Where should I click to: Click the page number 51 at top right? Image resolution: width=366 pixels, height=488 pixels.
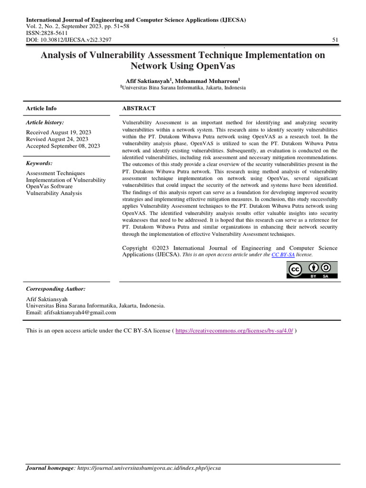point(335,40)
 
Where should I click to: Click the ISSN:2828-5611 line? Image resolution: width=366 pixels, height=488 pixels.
point(47,33)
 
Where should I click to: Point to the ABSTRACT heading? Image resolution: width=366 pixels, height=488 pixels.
point(139,109)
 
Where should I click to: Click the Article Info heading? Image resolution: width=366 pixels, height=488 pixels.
point(41,109)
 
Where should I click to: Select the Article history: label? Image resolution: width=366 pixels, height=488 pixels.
point(45,122)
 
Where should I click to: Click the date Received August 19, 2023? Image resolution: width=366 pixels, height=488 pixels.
point(59,132)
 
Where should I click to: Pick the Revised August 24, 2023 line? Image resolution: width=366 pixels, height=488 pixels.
point(57,139)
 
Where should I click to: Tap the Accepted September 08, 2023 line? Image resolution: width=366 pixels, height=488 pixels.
point(63,146)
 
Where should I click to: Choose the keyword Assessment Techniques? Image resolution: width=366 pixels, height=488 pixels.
point(55,173)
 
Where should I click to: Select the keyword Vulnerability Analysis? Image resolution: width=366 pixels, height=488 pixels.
point(54,193)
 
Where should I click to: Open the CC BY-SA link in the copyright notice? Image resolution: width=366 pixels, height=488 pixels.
point(283,255)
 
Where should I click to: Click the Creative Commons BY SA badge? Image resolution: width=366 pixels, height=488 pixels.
point(312,270)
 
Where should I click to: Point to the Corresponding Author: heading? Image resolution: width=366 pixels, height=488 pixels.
point(56,289)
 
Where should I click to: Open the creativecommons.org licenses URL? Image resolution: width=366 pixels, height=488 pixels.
point(234,331)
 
